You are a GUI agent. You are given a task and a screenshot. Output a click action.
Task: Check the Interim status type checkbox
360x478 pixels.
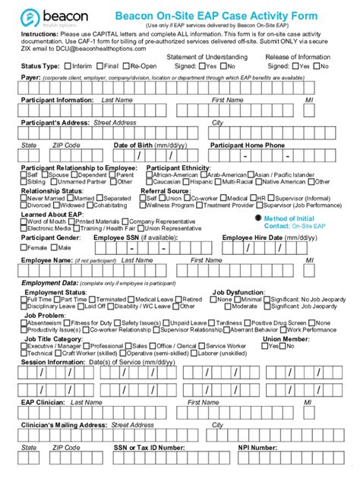pyautogui.click(x=68, y=66)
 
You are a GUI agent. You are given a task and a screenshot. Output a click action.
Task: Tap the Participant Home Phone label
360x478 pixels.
pyautogui.click(x=248, y=144)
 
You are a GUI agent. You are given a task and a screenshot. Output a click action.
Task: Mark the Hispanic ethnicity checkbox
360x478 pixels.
pyautogui.click(x=185, y=182)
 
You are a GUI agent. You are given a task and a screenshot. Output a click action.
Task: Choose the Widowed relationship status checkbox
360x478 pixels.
pyautogui.click(x=57, y=205)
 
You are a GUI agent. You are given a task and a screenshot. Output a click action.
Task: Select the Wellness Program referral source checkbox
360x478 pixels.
pyautogui.click(x=144, y=205)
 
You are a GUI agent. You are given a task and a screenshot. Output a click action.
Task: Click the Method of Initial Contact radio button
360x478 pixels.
pyautogui.click(x=259, y=218)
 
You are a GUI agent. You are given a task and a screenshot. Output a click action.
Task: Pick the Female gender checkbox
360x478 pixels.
pyautogui.click(x=24, y=247)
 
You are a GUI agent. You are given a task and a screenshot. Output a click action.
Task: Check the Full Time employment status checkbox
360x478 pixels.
pyautogui.click(x=24, y=300)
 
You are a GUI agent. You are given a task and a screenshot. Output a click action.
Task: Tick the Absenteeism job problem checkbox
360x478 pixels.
pyautogui.click(x=24, y=322)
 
